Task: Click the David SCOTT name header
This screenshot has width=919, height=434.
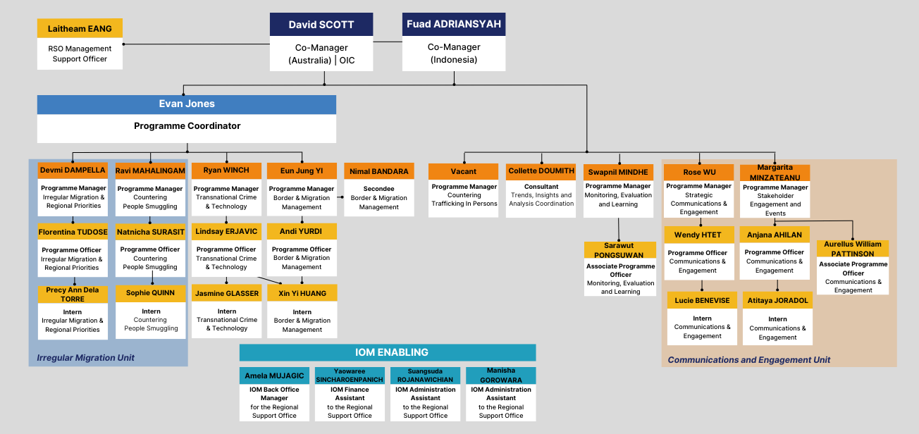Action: [x=321, y=25]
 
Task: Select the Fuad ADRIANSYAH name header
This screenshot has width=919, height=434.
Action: [x=453, y=24]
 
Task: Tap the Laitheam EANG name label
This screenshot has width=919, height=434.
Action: [x=80, y=29]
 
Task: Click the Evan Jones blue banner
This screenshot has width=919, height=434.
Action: [x=187, y=104]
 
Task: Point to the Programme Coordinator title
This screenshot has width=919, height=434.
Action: [x=187, y=126]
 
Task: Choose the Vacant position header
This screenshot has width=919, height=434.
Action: [x=463, y=171]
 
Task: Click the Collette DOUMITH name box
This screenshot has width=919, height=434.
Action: [x=541, y=171]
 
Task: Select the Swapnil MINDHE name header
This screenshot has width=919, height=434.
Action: [x=618, y=172]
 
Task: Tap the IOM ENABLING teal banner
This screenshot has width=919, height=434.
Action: [x=388, y=352]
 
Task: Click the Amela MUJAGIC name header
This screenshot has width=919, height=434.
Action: [x=274, y=376]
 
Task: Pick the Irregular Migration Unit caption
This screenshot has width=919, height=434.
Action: [x=86, y=358]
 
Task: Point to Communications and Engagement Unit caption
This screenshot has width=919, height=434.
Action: [x=749, y=360]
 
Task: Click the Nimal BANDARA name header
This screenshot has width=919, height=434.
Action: [x=378, y=171]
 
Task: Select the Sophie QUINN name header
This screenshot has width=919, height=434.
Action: [x=150, y=292]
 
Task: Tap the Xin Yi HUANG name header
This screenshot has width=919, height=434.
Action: [x=302, y=293]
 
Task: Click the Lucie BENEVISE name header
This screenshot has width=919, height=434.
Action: [x=702, y=300]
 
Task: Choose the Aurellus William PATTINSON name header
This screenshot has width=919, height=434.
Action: [x=853, y=249]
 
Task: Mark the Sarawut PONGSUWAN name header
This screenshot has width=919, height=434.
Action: [x=619, y=250]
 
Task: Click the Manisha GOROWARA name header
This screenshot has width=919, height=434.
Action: [x=500, y=375]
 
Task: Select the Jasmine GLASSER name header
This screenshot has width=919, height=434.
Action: [x=226, y=293]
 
